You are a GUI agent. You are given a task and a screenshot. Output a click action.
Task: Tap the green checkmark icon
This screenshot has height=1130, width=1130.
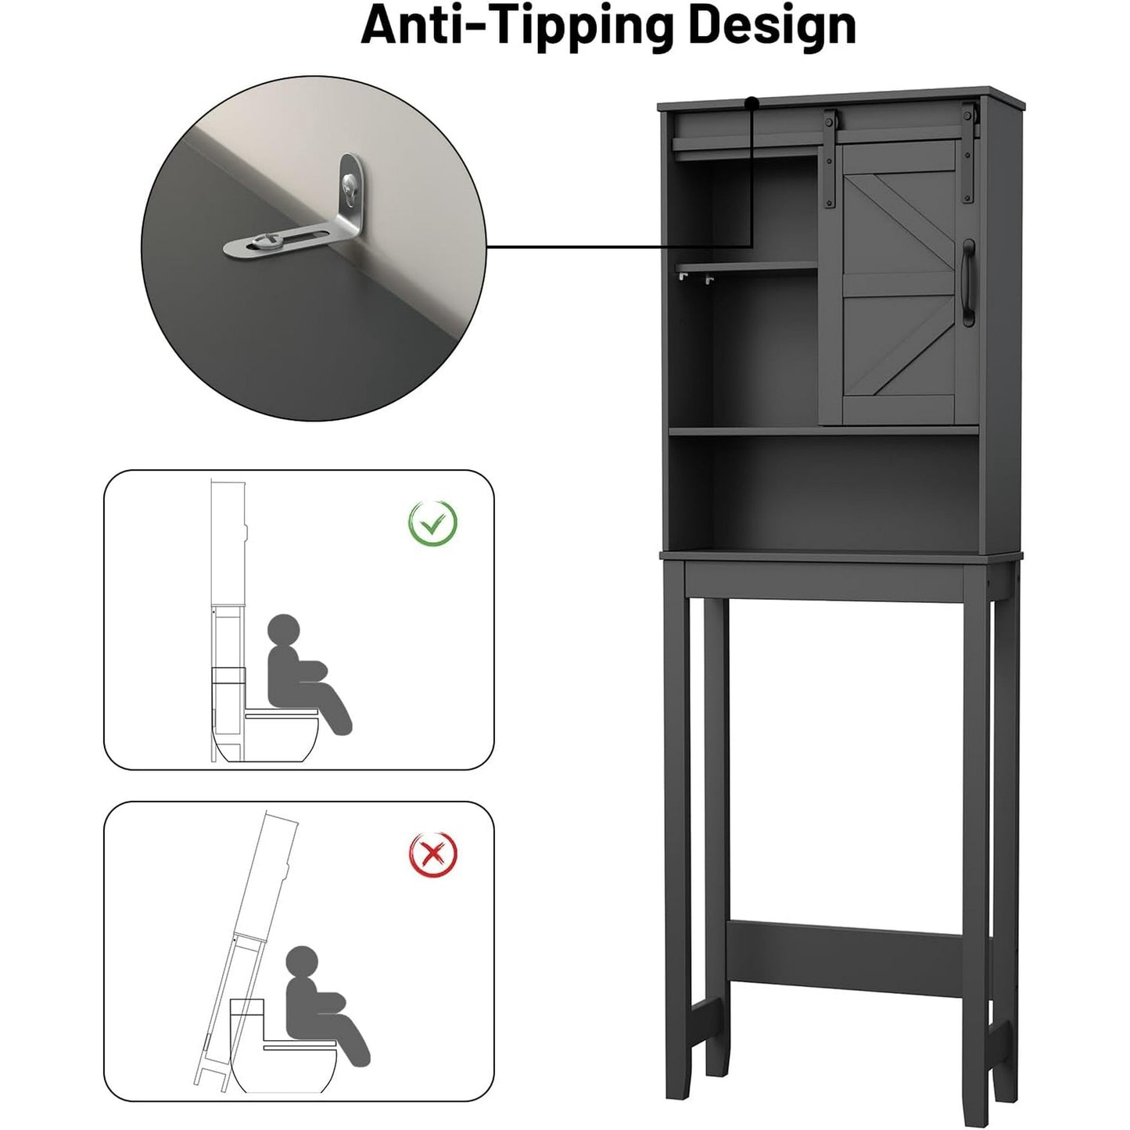(x=432, y=522)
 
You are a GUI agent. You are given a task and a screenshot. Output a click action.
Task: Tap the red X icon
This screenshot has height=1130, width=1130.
(x=433, y=854)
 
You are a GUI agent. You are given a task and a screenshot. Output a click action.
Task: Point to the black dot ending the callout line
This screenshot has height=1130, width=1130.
(x=752, y=102)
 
